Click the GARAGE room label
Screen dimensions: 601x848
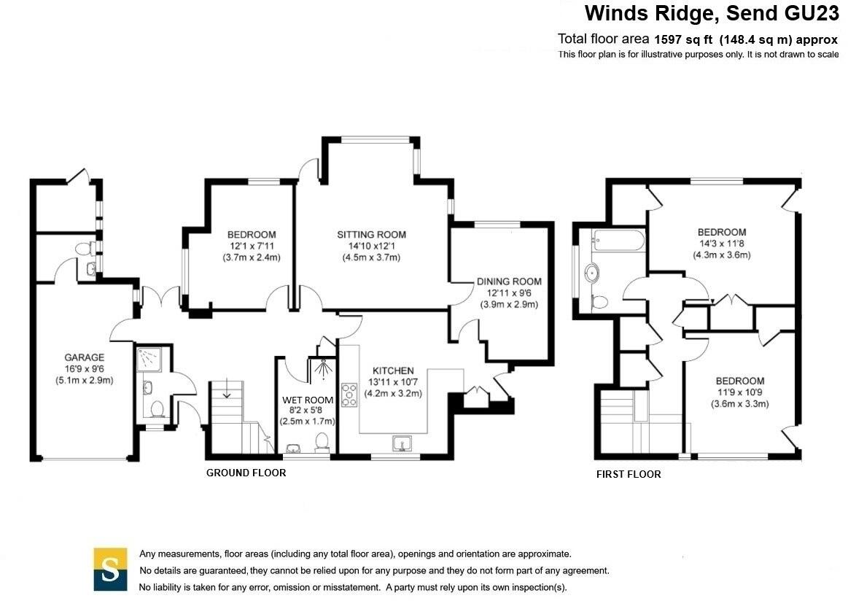84,357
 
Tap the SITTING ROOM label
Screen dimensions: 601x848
371,235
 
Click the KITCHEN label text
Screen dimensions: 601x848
393,371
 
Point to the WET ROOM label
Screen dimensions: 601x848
308,400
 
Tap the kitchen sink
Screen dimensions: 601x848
402,442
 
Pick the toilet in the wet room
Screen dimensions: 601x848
321,441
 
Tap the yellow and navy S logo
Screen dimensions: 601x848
111,568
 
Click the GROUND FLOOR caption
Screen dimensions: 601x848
246,473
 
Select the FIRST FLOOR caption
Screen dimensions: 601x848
629,474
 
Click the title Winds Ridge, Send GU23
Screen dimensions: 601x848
712,14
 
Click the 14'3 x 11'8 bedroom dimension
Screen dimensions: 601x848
721,244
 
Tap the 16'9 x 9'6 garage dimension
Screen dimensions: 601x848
84,368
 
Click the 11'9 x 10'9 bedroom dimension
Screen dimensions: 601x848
739,392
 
